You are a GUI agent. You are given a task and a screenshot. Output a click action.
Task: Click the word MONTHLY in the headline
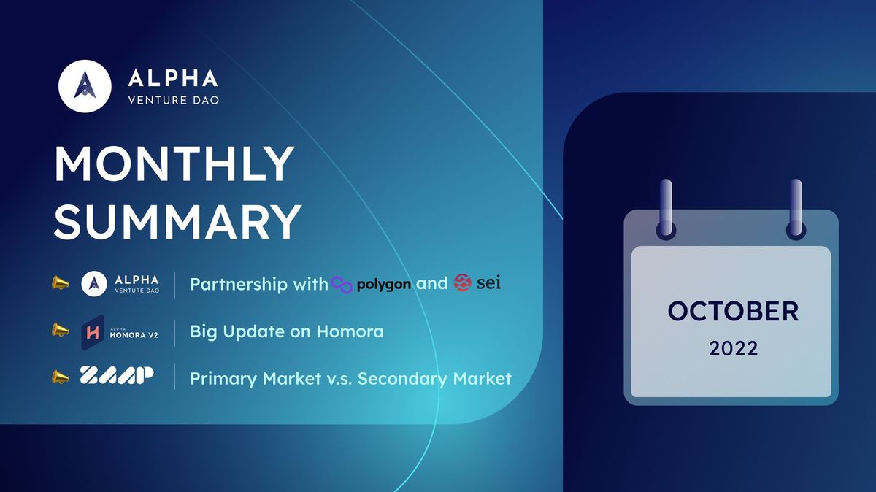(x=174, y=165)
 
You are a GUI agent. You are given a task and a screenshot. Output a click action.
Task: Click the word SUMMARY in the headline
(x=177, y=221)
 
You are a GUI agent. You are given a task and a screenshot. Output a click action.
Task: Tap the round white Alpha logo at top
(x=85, y=86)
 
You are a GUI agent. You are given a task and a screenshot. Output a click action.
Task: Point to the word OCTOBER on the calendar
(x=732, y=312)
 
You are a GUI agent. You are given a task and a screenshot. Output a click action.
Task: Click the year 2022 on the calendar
(x=733, y=349)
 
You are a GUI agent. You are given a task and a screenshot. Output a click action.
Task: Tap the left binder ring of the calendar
(x=665, y=209)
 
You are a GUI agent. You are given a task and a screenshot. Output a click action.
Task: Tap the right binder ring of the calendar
(x=796, y=209)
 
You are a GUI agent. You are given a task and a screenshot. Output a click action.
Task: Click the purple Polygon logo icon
(x=342, y=284)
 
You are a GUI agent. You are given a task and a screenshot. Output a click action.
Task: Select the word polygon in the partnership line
(x=384, y=285)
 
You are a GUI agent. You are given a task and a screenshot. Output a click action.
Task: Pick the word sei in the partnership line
(x=489, y=284)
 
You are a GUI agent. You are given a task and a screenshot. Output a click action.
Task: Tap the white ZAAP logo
(x=116, y=376)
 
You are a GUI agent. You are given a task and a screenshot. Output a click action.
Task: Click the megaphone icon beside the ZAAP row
(x=60, y=377)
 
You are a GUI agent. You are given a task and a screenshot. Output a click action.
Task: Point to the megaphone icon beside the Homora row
(x=60, y=330)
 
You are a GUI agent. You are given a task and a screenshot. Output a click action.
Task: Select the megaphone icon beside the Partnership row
(x=60, y=282)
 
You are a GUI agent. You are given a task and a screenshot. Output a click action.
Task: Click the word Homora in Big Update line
(x=350, y=331)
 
